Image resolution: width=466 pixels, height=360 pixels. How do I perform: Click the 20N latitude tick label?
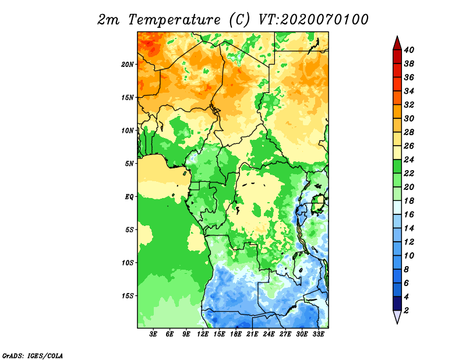(128, 64)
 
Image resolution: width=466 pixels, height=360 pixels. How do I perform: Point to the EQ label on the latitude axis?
(129, 196)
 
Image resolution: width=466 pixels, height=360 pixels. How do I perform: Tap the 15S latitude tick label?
(128, 296)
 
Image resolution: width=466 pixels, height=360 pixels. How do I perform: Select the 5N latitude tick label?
(129, 164)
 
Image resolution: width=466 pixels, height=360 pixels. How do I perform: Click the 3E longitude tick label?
(153, 334)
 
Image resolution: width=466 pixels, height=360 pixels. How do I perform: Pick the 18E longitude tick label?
(236, 334)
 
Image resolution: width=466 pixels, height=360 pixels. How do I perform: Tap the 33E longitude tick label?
(318, 334)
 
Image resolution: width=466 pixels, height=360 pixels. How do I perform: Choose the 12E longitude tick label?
(203, 334)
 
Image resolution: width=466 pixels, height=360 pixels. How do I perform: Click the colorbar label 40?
(409, 50)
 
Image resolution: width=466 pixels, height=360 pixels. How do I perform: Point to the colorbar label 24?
(409, 160)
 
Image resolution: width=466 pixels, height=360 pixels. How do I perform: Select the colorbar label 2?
(406, 310)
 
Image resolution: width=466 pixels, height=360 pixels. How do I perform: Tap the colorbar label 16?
(409, 214)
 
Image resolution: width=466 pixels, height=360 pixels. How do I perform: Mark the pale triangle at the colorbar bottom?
(397, 316)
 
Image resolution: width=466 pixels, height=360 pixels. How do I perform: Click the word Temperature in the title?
(174, 20)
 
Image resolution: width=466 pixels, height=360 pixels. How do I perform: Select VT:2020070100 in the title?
(313, 20)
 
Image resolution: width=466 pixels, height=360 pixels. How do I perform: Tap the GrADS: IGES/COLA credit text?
(33, 355)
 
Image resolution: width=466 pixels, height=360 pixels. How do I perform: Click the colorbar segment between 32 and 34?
(397, 97)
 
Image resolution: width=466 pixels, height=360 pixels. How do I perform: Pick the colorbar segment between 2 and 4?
(397, 303)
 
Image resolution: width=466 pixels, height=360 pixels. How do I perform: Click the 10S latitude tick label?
(128, 263)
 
